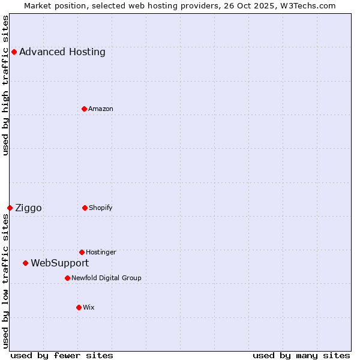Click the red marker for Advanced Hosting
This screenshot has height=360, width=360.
pyautogui.click(x=14, y=52)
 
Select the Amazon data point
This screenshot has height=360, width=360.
pyautogui.click(x=84, y=109)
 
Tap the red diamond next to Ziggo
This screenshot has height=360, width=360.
pyautogui.click(x=10, y=208)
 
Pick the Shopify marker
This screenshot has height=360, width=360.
pyautogui.click(x=85, y=208)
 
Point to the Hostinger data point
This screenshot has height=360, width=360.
pyautogui.click(x=82, y=252)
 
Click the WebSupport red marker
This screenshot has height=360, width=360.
pyautogui.click(x=25, y=263)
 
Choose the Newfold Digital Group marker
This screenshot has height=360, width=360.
pyautogui.click(x=67, y=278)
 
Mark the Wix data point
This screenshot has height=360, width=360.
pyautogui.click(x=79, y=307)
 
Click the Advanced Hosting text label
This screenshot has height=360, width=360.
pyautogui.click(x=62, y=52)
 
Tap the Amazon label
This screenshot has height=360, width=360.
pyautogui.click(x=101, y=109)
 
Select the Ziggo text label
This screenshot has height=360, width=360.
pyautogui.click(x=28, y=208)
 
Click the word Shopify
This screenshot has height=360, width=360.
pyautogui.click(x=101, y=208)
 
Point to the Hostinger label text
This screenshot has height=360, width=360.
pyautogui.click(x=101, y=252)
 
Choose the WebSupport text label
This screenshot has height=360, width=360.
pyautogui.click(x=59, y=263)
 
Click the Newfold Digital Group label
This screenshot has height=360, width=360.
pyautogui.click(x=106, y=278)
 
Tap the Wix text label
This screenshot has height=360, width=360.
pyautogui.click(x=89, y=307)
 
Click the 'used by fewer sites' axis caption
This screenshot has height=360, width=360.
pyautogui.click(x=62, y=355)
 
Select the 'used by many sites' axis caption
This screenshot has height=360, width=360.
pyautogui.click(x=301, y=355)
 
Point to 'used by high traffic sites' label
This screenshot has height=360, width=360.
pyautogui.click(x=5, y=85)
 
